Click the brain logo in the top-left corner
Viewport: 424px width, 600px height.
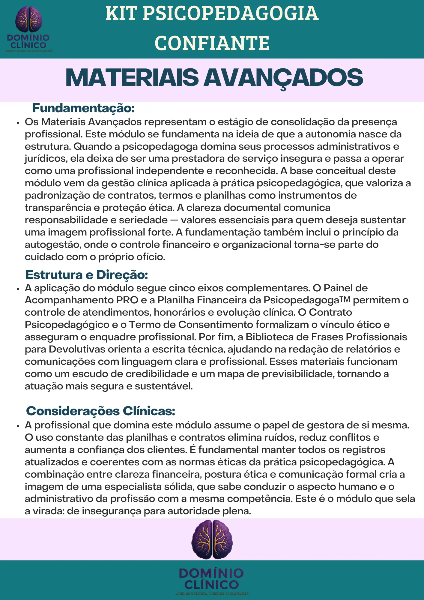pos(28,19)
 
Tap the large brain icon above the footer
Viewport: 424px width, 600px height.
pos(212,539)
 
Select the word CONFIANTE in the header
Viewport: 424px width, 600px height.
pos(212,43)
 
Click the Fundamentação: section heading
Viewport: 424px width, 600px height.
pos(83,108)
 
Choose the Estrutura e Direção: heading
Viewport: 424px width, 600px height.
pos(87,274)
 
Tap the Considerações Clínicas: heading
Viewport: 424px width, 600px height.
pos(100,411)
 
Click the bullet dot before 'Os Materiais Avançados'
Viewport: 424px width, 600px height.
pos(18,123)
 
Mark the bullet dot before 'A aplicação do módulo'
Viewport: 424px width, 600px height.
pos(18,289)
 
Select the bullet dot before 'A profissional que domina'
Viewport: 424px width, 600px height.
pos(18,426)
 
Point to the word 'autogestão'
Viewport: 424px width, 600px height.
pos(52,244)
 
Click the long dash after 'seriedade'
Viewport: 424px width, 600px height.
pos(174,220)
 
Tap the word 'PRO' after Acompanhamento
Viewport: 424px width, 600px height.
pos(127,300)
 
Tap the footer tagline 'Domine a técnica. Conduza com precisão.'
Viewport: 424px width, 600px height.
pos(212,593)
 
